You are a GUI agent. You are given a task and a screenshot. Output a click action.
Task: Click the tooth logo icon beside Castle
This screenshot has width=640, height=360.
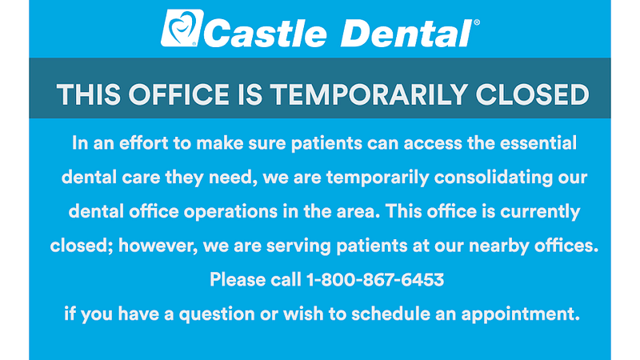coord(182,28)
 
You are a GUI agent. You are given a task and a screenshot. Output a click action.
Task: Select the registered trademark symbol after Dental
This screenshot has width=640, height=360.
coord(477,22)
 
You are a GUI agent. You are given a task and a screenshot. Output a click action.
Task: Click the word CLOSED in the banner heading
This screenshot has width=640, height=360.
coord(532,94)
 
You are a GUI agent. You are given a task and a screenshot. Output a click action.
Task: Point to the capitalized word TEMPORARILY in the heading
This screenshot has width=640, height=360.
coord(369,94)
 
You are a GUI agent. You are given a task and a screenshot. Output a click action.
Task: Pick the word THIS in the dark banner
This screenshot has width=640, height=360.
coord(89,94)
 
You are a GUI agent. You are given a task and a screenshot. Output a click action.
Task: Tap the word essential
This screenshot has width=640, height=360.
coord(538,143)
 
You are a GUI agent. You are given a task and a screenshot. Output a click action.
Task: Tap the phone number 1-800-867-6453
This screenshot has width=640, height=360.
coord(375,279)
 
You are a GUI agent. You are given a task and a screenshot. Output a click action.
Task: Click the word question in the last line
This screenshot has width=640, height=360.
coord(217,314)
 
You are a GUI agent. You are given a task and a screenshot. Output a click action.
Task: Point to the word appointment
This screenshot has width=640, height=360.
coord(521,314)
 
